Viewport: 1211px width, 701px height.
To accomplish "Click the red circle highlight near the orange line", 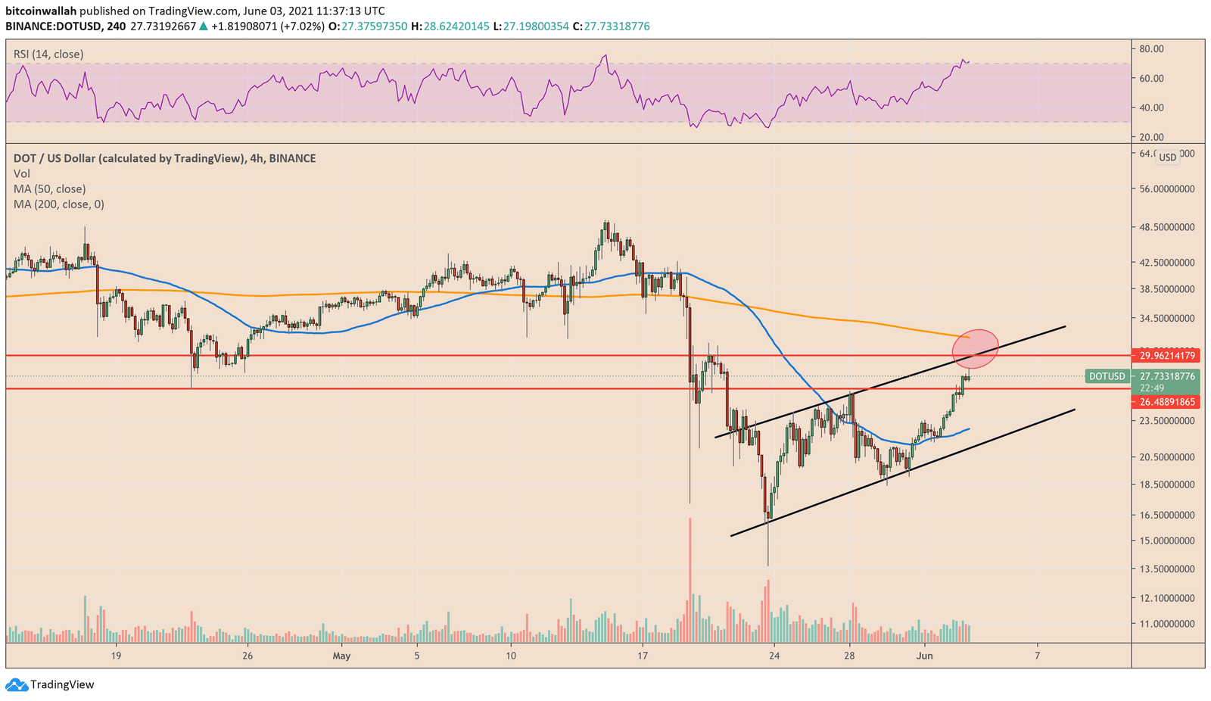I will click(975, 348).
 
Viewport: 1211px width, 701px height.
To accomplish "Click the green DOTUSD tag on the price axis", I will click(1106, 376).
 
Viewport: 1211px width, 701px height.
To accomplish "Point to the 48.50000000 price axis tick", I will click(1166, 227).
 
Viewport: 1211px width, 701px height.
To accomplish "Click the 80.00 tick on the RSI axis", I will click(1151, 48).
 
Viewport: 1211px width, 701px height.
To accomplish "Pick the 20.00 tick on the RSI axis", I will click(1151, 137).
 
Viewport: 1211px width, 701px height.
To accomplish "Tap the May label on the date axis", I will click(341, 656).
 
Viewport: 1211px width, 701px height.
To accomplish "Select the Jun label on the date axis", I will click(925, 656).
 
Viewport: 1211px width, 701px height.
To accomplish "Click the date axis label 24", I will click(774, 656).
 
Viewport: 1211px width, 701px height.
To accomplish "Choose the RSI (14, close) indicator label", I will click(48, 55).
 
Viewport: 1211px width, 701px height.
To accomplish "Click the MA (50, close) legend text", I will click(49, 189).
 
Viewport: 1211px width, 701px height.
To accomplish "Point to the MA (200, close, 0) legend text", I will click(59, 204).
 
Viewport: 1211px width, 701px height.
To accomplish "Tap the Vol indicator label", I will click(22, 174).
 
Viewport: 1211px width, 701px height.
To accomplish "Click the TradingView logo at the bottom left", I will click(51, 685).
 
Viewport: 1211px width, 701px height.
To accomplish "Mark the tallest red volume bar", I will click(690, 579).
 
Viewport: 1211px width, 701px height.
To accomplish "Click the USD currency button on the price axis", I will click(1168, 157).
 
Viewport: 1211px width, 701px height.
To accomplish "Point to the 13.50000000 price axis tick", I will click(1166, 569).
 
